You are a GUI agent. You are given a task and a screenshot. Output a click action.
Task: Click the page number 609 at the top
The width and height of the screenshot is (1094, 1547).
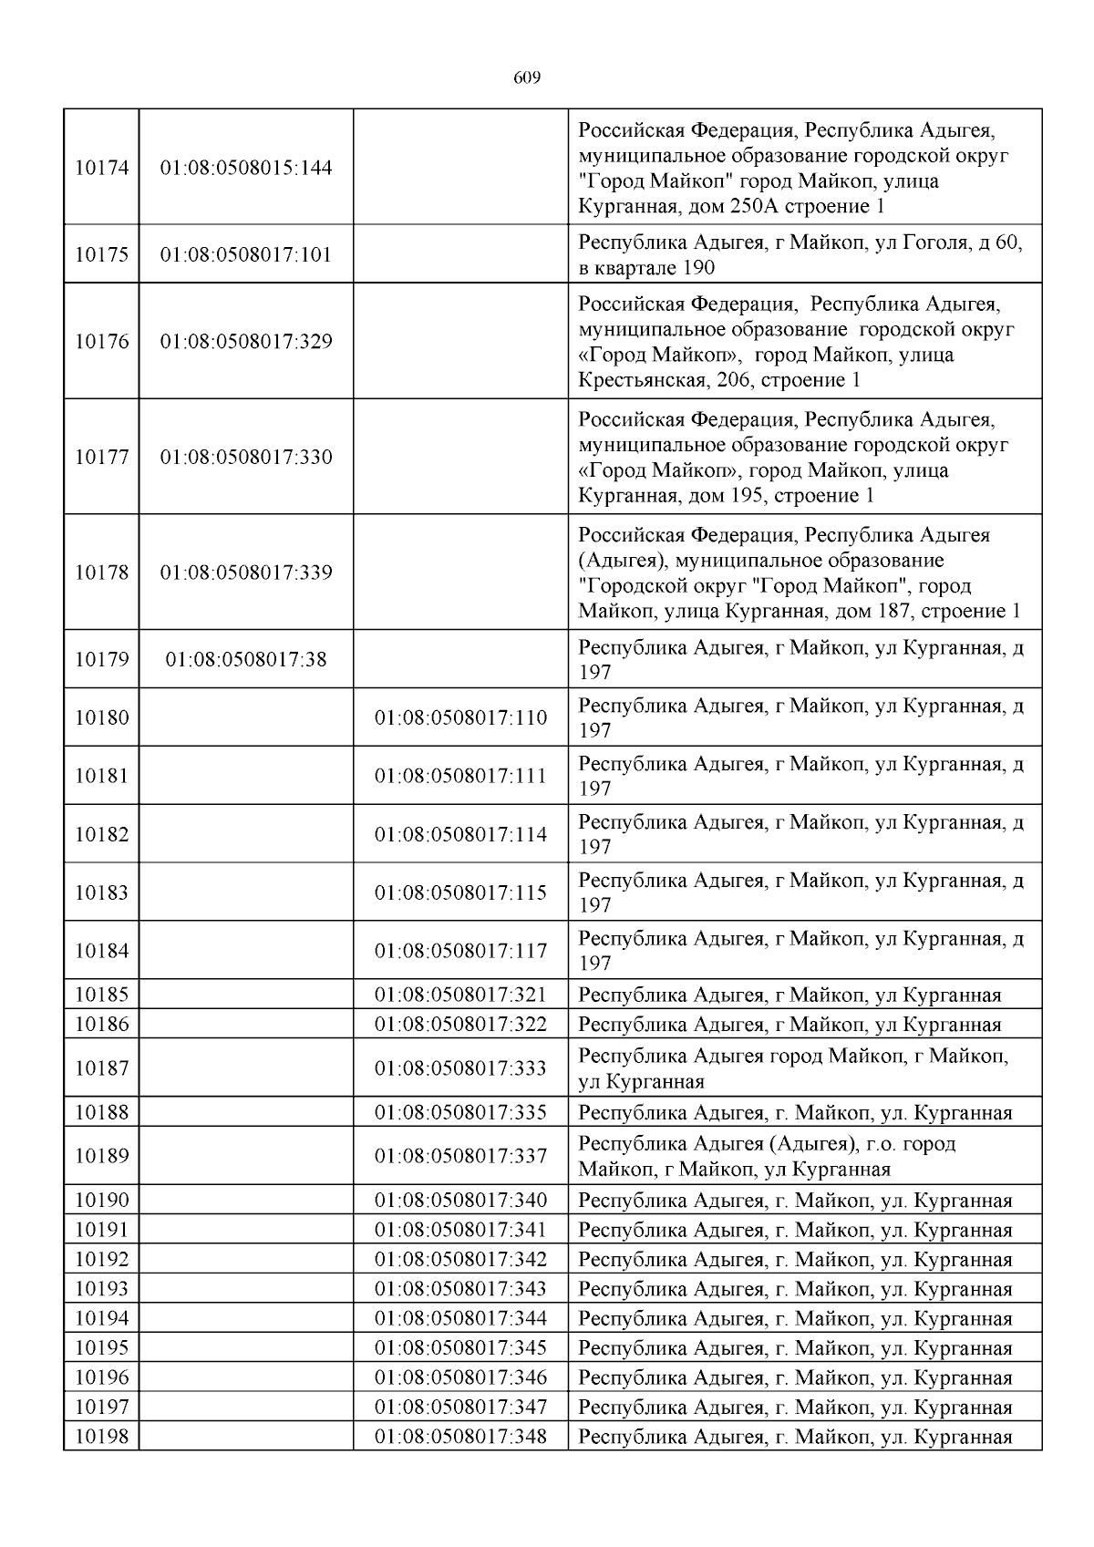coord(527,78)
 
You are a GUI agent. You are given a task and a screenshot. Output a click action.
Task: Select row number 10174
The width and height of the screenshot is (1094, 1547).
coord(101,168)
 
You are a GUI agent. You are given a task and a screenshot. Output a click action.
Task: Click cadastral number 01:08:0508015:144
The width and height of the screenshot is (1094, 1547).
coord(246,168)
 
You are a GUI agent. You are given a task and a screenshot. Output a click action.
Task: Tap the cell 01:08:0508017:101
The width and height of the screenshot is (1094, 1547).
coord(246,254)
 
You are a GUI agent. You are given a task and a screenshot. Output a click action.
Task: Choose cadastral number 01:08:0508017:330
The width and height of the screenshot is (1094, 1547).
coord(246,457)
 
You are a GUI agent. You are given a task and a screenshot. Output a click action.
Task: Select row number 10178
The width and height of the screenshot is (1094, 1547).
coord(101,572)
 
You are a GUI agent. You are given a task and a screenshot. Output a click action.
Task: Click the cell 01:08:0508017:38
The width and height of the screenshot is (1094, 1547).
coord(246,659)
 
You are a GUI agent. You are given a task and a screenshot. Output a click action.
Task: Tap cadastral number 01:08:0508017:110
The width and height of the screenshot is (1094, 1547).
coord(460,717)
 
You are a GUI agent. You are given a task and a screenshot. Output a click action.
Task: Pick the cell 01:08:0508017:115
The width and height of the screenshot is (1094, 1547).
coord(460,892)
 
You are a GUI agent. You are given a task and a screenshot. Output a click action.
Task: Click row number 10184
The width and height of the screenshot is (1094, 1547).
coord(101,951)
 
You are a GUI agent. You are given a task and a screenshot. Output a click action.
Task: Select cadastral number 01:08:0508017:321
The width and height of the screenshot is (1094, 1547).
coord(460,995)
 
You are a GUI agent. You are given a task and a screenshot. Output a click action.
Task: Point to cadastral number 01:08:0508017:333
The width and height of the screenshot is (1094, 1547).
coord(460,1067)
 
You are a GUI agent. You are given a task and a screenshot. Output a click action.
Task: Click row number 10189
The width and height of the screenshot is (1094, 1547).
coord(101,1155)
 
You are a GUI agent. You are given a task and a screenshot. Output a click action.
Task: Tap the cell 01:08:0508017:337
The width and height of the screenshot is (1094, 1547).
coord(460,1155)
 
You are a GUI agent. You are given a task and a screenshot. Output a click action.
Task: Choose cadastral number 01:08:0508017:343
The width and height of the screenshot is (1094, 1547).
coord(460,1289)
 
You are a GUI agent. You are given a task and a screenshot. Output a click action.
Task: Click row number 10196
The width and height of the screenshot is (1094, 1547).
coord(101,1377)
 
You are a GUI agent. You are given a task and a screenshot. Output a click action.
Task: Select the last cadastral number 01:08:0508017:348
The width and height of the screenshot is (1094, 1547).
coord(460,1437)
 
